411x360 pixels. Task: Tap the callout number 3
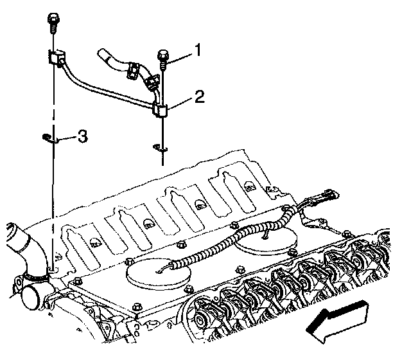point(82,136)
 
